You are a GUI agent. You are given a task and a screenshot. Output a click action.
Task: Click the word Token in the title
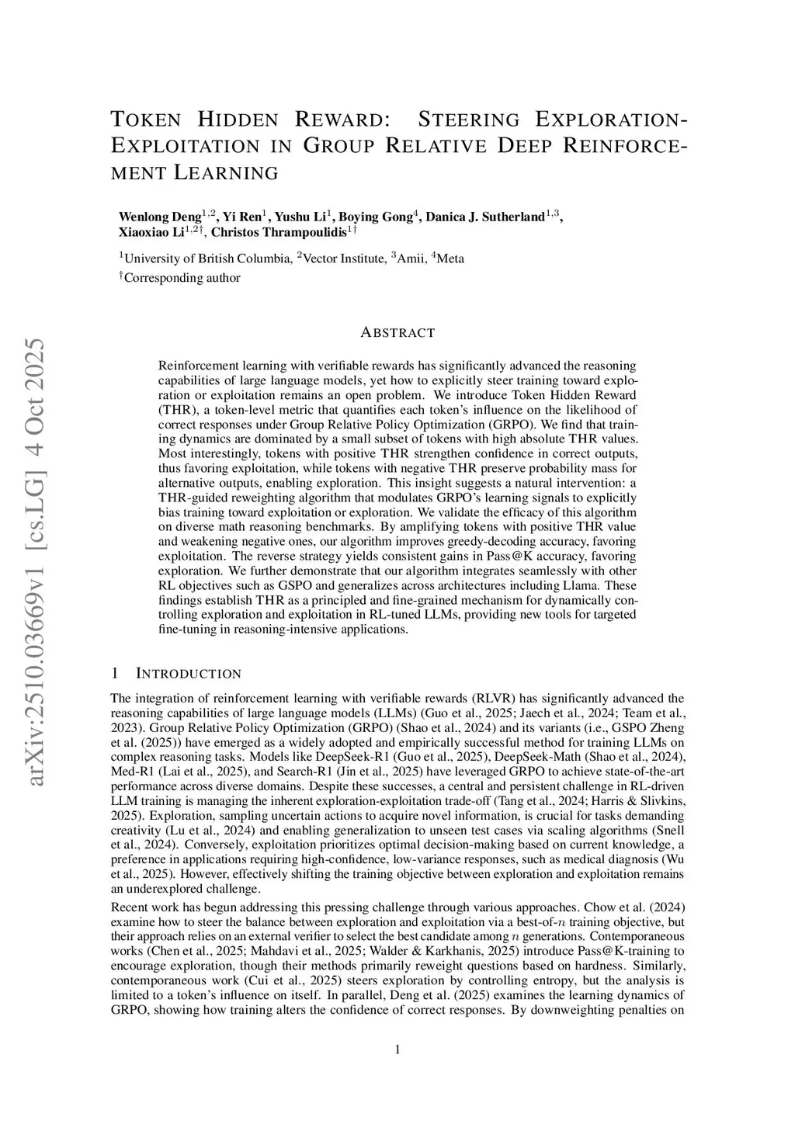point(147,120)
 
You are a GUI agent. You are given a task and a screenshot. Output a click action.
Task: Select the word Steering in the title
point(469,120)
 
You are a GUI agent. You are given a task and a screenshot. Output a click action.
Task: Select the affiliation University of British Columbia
point(208,258)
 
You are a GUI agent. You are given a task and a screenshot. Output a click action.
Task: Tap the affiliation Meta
point(450,258)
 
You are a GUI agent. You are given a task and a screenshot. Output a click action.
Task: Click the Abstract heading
point(397,333)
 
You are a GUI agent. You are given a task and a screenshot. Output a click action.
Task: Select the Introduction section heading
point(188,674)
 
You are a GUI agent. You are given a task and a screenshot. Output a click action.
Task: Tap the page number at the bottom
point(397,1050)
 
